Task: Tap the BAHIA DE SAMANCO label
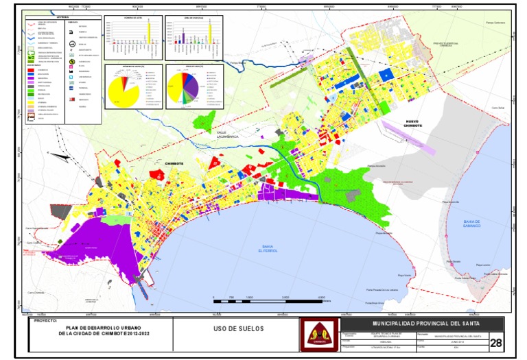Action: coord(473,223)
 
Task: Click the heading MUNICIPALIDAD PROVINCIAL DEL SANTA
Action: coord(425,322)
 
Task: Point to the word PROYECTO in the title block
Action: coord(44,320)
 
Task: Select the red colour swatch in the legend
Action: coord(32,69)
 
